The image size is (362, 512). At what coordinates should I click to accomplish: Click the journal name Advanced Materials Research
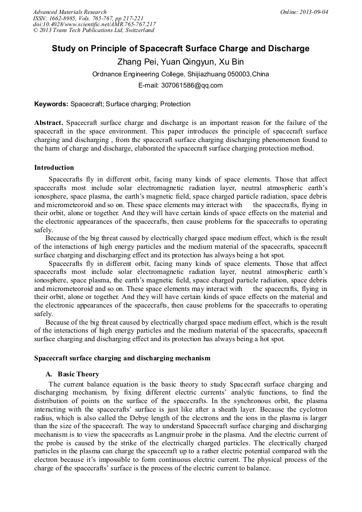(69, 12)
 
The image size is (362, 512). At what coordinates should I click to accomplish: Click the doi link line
(95, 25)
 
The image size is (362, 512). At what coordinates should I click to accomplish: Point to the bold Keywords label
(51, 104)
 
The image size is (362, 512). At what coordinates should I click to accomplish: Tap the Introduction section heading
(54, 168)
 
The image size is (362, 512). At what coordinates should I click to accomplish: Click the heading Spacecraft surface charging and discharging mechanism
(122, 358)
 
